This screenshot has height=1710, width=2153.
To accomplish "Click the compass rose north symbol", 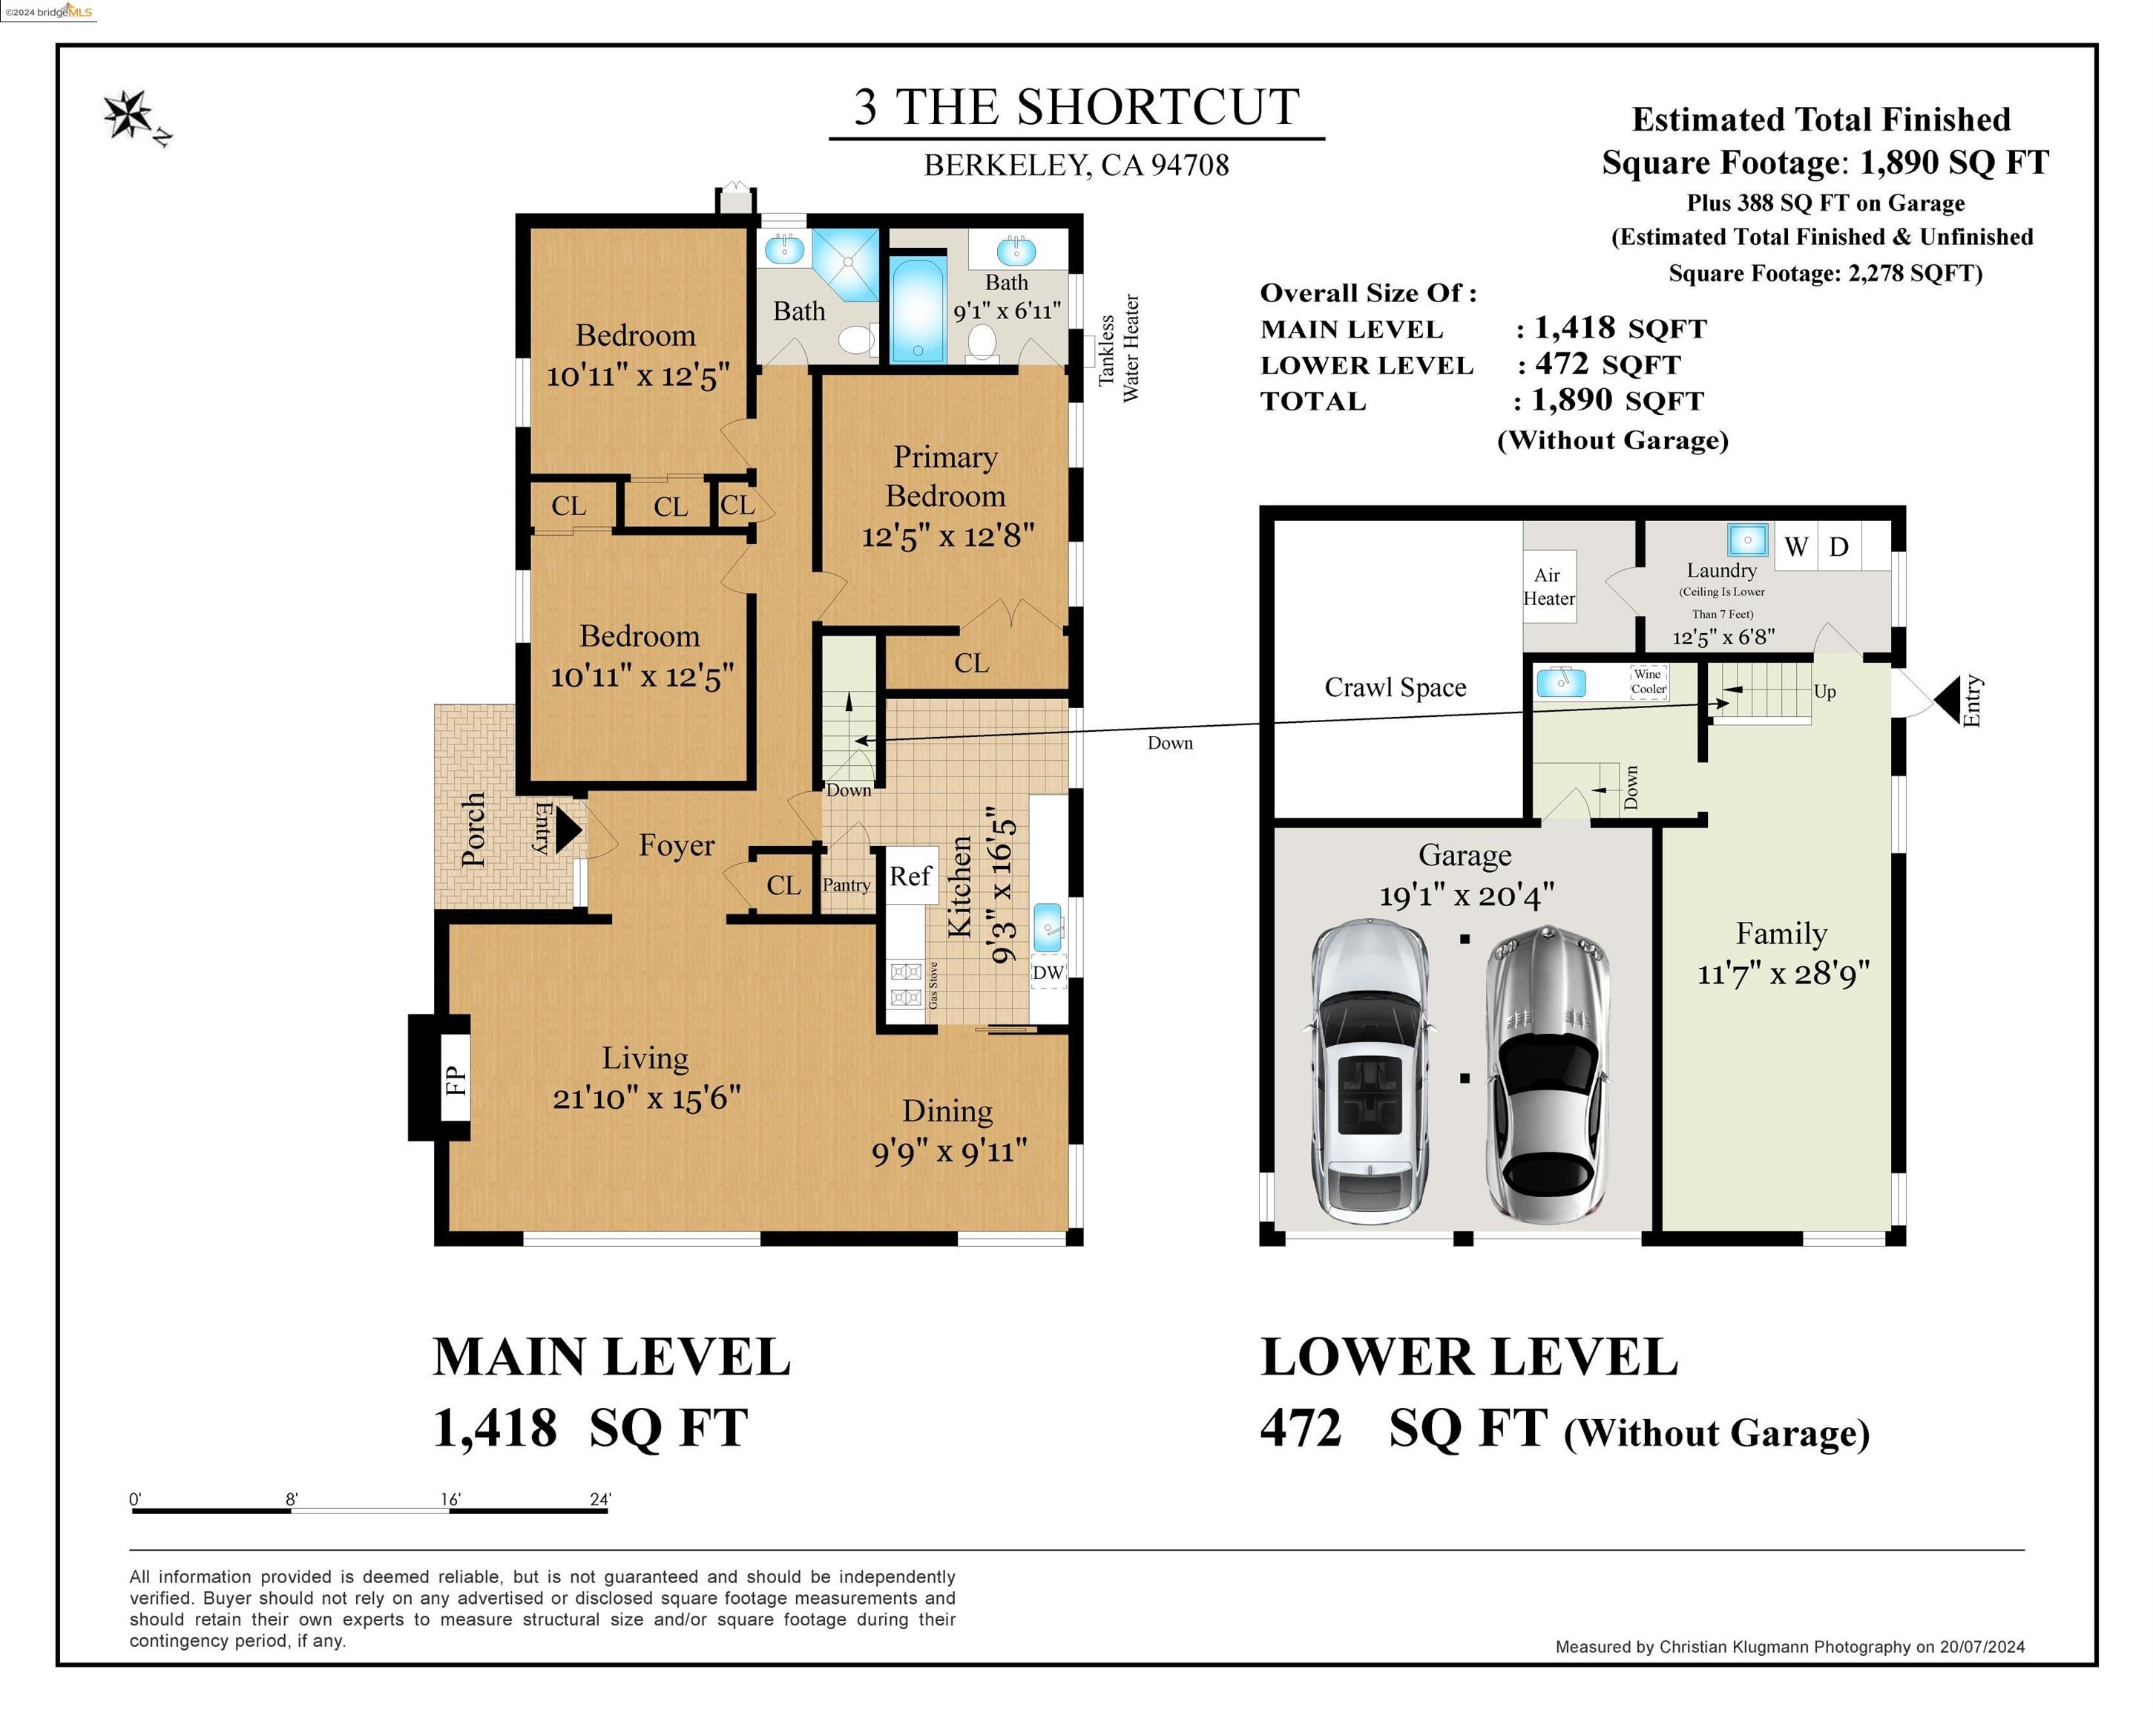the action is click(131, 115).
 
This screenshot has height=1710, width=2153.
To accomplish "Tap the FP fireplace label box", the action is click(454, 1078).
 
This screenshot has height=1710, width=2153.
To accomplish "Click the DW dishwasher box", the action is click(1048, 972).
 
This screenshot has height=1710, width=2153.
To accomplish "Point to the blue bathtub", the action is click(918, 309).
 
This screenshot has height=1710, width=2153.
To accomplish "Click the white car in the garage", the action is click(1369, 1074).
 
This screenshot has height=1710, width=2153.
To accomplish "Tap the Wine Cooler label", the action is click(1649, 681).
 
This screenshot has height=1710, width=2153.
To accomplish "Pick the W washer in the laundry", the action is click(1796, 546).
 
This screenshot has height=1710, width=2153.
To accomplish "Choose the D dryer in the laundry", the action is click(1839, 546).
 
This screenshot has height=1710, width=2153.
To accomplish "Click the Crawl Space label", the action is click(1395, 687).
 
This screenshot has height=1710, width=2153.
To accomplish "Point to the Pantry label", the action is click(846, 885).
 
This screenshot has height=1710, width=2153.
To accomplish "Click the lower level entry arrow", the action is click(1947, 700).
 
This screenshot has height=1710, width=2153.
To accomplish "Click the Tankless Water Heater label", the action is click(1119, 347).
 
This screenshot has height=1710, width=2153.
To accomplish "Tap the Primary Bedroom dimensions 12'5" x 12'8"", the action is click(947, 537).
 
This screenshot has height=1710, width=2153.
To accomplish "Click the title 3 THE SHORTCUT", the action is click(1076, 107).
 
